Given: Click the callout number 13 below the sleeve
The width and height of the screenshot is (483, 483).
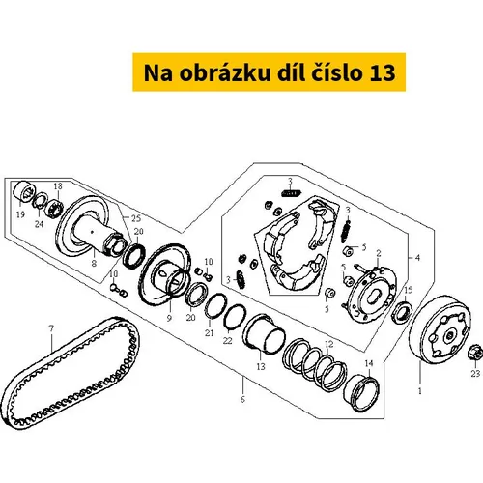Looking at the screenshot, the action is click(261, 366).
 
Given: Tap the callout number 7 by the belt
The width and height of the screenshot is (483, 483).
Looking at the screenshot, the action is click(51, 328).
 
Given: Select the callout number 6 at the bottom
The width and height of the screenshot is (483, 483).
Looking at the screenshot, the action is click(242, 399).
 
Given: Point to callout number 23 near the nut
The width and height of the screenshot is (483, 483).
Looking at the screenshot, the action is click(475, 374).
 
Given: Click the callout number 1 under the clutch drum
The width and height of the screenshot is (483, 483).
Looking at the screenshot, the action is click(420, 391).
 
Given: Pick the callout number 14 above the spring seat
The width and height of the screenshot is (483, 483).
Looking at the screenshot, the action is click(369, 363).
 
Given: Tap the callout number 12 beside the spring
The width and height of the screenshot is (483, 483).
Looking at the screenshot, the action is click(328, 344).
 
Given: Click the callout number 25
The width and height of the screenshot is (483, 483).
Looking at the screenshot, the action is click(136, 218).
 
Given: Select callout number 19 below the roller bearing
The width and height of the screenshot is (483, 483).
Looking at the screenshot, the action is click(20, 214).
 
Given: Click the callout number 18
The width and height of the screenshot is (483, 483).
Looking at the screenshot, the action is click(58, 186).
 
